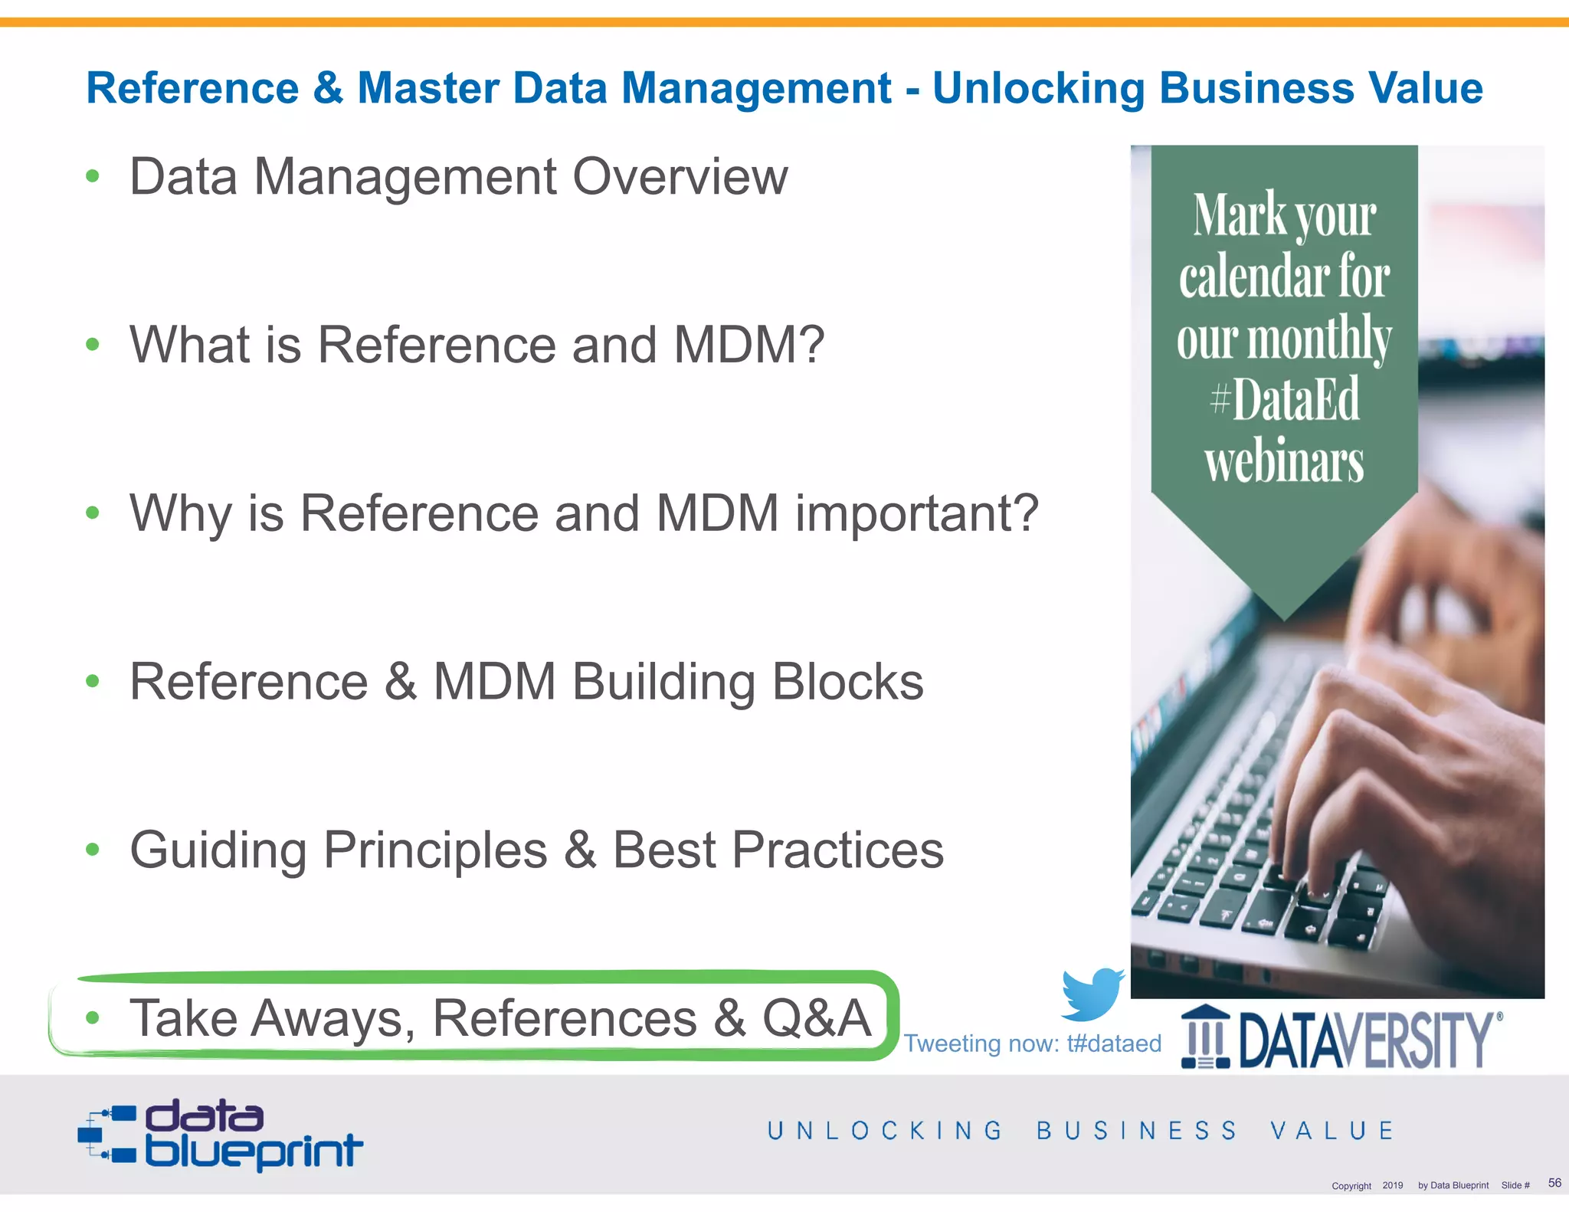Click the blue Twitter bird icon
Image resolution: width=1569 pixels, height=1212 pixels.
pyautogui.click(x=1092, y=994)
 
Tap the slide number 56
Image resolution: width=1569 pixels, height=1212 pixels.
pyautogui.click(x=1554, y=1183)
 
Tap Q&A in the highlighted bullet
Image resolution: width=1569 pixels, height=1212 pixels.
pyautogui.click(x=817, y=1018)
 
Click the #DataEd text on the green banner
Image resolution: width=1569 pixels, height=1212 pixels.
pyautogui.click(x=1285, y=399)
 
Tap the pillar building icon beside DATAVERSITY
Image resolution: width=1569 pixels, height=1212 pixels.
pyautogui.click(x=1205, y=1037)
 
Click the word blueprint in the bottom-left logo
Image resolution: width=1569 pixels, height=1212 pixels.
pyautogui.click(x=254, y=1151)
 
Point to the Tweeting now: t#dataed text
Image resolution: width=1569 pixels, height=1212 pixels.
pyautogui.click(x=1032, y=1043)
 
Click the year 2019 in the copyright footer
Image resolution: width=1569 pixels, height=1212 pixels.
pyautogui.click(x=1392, y=1185)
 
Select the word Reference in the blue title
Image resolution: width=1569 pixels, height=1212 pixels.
pyautogui.click(x=192, y=88)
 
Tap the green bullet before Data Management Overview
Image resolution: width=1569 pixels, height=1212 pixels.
pyautogui.click(x=93, y=177)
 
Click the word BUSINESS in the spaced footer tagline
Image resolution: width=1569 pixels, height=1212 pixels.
pyautogui.click(x=1137, y=1131)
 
